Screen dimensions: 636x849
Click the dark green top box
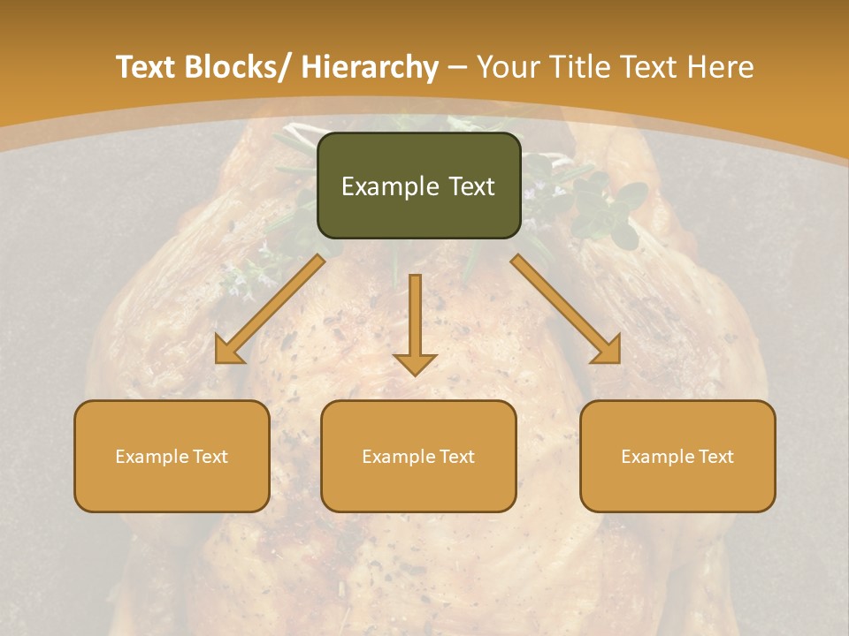click(418, 185)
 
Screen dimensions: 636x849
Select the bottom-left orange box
click(172, 456)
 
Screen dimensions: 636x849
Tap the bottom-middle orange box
click(418, 456)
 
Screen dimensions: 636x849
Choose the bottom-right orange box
click(677, 456)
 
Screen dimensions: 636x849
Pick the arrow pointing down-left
click(270, 309)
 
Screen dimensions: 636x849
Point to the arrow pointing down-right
click(566, 309)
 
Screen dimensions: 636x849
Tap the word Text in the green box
click(470, 186)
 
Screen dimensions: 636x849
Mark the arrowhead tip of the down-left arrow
click(218, 360)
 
